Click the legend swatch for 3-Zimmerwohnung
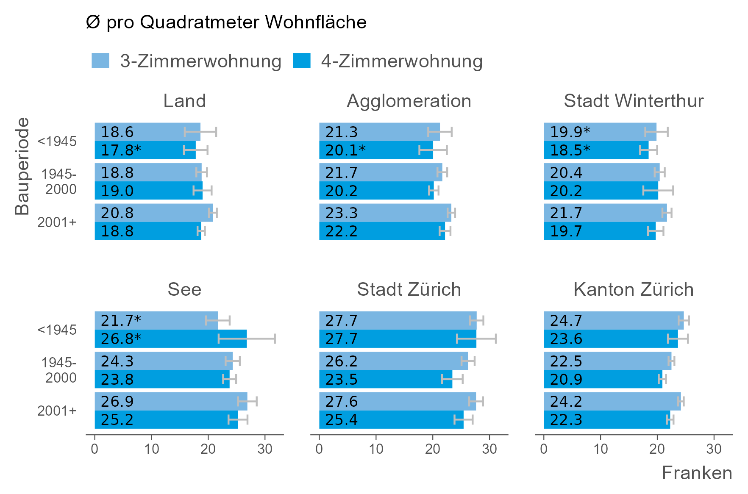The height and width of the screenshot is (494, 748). click(100, 61)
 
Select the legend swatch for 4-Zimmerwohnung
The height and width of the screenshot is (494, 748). click(301, 61)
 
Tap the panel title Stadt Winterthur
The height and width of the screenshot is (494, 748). click(633, 101)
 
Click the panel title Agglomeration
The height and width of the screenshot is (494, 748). click(409, 101)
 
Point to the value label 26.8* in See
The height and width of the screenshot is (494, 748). click(121, 339)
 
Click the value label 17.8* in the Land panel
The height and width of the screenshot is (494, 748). click(121, 150)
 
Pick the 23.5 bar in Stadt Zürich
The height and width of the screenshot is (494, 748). click(385, 379)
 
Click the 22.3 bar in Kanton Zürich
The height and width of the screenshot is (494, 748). click(606, 420)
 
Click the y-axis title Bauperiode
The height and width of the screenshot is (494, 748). click(22, 166)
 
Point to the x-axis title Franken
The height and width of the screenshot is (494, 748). click(697, 473)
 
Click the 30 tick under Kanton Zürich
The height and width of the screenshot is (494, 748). click(714, 449)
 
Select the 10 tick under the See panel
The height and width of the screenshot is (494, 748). click(151, 449)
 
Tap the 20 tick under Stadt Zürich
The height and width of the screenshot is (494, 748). click(433, 449)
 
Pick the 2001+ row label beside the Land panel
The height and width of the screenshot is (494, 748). click(57, 222)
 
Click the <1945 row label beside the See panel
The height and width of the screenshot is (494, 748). click(57, 330)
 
